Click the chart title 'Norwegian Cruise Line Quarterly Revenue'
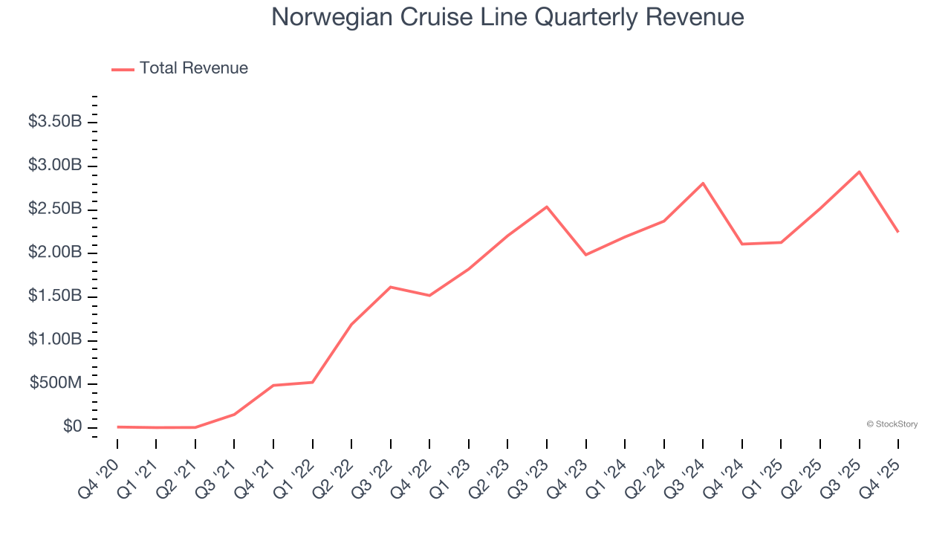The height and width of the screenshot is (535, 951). [507, 17]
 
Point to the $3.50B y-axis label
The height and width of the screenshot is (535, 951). [55, 121]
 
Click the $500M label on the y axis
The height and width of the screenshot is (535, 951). [56, 383]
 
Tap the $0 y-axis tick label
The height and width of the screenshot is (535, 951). [72, 427]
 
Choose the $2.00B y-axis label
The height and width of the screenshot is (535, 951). [55, 253]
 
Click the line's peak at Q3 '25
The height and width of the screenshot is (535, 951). [859, 172]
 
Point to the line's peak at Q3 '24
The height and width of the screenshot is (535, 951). [703, 183]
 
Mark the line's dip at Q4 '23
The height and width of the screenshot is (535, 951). [586, 255]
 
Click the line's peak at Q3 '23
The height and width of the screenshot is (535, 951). [547, 207]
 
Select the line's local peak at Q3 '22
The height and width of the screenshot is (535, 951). [391, 287]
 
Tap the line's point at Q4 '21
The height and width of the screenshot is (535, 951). [273, 385]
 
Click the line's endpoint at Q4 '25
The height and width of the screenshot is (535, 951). [898, 232]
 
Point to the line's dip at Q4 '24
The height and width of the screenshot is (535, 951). [742, 244]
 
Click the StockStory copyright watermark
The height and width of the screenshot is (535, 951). [892, 424]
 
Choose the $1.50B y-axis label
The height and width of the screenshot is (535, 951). [55, 296]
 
